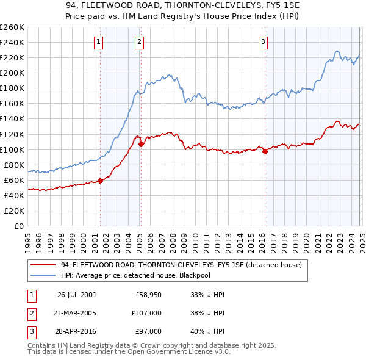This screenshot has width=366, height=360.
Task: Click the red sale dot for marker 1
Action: (101, 180)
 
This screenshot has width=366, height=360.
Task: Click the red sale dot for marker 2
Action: (141, 145)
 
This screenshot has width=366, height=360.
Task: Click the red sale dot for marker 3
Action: (265, 152)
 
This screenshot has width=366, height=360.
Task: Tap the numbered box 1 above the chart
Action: (99, 42)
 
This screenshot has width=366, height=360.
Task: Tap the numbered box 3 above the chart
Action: (263, 42)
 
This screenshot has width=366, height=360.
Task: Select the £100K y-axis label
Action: (13, 149)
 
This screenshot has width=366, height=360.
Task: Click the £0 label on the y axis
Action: (18, 226)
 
